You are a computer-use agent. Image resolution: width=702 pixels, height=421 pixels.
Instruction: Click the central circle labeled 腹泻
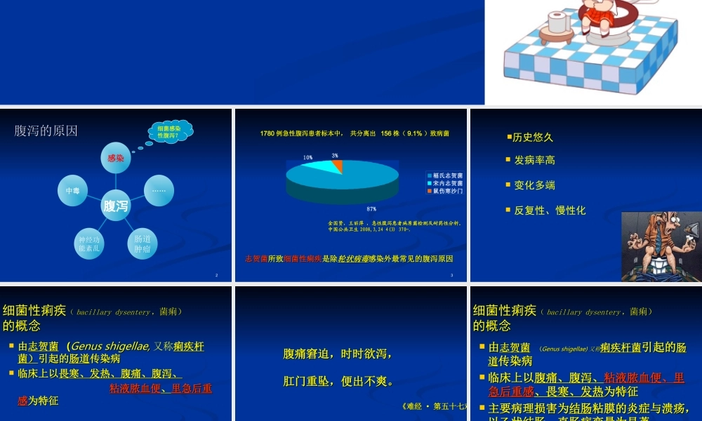(x=116, y=206)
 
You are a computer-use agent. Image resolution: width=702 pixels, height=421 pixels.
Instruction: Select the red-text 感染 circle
(x=115, y=159)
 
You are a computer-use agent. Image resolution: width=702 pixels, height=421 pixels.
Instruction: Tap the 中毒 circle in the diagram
(x=72, y=191)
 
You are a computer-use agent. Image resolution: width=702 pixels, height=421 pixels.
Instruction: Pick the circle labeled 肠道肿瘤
(x=143, y=244)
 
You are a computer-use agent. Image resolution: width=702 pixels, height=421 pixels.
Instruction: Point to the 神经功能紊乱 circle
(x=91, y=244)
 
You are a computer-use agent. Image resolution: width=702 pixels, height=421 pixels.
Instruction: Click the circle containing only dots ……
(x=159, y=190)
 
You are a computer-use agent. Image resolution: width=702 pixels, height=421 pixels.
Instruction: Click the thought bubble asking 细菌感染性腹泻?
(x=171, y=131)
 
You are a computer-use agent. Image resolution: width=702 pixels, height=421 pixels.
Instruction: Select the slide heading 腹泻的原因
(x=46, y=131)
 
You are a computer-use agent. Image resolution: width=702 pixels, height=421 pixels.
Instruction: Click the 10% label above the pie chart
(x=307, y=157)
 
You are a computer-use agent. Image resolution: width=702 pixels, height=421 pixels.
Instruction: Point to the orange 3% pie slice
(x=338, y=165)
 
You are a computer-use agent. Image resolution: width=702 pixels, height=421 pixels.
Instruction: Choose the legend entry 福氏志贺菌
(x=447, y=175)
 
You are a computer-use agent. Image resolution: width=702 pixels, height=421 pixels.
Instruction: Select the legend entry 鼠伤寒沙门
(x=447, y=191)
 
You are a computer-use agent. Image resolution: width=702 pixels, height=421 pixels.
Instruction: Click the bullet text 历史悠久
(x=533, y=138)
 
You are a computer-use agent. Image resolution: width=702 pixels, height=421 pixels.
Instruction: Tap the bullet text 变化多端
(x=534, y=185)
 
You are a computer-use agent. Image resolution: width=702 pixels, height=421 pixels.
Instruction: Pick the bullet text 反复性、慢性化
(x=550, y=210)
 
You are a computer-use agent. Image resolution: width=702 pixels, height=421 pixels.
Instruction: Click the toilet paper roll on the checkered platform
(x=561, y=21)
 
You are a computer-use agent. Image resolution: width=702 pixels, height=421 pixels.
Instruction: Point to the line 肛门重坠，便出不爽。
(x=338, y=382)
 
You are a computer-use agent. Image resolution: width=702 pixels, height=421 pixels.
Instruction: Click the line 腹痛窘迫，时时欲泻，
(x=338, y=354)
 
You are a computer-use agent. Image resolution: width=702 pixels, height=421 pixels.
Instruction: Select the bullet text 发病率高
(x=534, y=160)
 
